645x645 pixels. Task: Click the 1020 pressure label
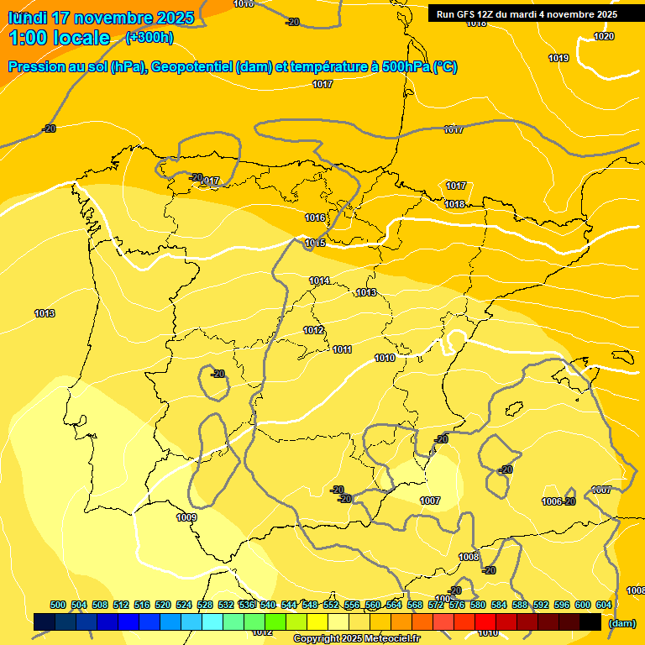[604, 36]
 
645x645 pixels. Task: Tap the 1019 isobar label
[558, 58]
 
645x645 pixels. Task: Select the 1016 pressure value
[315, 218]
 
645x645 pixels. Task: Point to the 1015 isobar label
[315, 243]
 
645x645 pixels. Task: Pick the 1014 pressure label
[319, 281]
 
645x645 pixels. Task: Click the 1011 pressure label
[342, 349]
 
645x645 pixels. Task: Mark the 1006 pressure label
[552, 501]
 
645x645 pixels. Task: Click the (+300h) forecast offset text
[149, 37]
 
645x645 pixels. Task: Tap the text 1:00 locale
[60, 38]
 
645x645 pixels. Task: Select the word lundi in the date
[27, 17]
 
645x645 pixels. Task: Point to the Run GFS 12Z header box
[527, 13]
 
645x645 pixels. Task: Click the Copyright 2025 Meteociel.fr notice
[356, 638]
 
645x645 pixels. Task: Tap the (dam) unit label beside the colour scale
[621, 622]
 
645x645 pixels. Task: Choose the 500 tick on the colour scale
[58, 605]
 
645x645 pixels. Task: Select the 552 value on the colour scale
[331, 605]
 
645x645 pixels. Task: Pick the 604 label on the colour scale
[604, 605]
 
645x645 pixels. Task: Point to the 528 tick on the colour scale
[205, 605]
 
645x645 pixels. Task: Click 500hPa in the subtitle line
[406, 67]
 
